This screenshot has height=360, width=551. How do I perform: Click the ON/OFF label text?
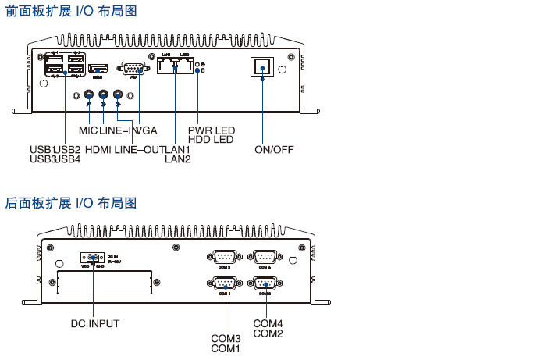274,149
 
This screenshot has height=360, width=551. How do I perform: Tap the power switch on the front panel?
261,68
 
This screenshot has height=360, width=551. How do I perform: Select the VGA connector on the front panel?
133,68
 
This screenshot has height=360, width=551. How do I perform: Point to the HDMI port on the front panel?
98,70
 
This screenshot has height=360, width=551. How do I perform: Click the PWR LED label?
211,130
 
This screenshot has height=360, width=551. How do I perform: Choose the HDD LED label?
211,140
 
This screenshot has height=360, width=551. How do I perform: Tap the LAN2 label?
177,159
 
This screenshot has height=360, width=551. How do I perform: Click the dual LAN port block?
176,66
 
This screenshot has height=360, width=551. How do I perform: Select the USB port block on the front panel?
64,65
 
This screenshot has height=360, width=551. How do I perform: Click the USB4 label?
68,159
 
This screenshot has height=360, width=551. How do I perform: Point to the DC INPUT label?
95,323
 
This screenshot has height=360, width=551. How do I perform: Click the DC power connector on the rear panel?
93,258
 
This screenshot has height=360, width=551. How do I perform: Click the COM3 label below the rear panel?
226,338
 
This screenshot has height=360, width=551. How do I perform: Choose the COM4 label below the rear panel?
268,323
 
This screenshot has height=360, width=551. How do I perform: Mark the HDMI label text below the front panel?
101,149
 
